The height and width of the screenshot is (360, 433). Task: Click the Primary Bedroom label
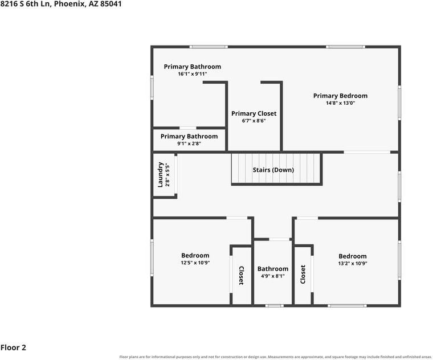(340, 96)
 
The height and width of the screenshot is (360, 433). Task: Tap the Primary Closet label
(254, 113)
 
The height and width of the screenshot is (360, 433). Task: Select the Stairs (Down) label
(273, 170)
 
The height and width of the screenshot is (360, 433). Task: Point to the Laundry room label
(160, 175)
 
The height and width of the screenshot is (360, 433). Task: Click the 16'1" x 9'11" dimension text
(193, 73)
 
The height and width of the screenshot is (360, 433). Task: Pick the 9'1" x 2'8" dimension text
(189, 144)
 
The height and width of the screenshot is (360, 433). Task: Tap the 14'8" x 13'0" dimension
(341, 103)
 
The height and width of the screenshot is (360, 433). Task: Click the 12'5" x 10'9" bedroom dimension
(195, 263)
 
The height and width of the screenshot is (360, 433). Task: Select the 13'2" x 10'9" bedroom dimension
(353, 263)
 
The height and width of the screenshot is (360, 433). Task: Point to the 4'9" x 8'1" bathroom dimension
(273, 276)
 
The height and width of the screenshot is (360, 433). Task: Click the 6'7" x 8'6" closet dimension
(254, 121)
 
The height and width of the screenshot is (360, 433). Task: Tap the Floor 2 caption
(13, 347)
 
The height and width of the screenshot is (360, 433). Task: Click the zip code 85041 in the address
(111, 4)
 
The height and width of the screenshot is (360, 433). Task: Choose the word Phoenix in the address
(70, 4)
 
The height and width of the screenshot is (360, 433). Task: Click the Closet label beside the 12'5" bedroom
(241, 276)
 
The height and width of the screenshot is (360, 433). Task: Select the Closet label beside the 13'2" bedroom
(303, 275)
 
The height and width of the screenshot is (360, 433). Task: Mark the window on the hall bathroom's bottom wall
(275, 306)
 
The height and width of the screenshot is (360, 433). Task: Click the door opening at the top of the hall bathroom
(279, 239)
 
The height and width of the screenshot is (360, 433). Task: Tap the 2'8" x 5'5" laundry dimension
(168, 175)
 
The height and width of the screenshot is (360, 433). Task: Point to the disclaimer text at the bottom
(275, 357)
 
